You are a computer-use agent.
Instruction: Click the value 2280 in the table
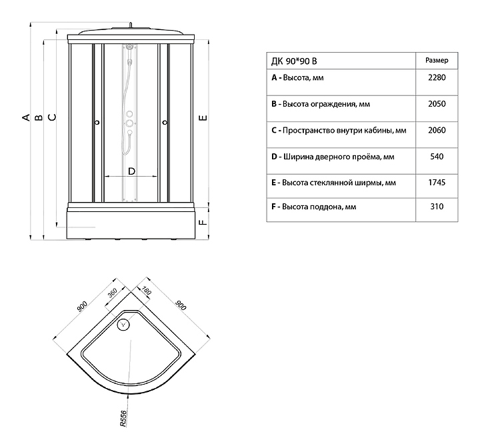(x=437, y=77)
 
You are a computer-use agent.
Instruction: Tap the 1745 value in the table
(x=437, y=183)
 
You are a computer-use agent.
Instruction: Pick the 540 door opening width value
(x=437, y=157)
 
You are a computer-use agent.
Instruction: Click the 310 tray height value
(x=437, y=207)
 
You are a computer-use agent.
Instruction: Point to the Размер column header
(x=437, y=60)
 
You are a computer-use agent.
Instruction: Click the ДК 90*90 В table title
(x=294, y=61)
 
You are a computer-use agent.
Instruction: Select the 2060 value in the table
(x=437, y=130)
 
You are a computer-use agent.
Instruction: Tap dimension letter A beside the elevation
(x=26, y=117)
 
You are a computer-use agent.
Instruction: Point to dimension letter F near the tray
(x=203, y=223)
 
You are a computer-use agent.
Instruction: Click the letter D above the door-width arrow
(x=131, y=171)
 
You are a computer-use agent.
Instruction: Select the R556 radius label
(x=123, y=419)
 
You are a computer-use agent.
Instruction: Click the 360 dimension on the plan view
(x=113, y=293)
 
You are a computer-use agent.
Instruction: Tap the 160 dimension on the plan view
(x=147, y=290)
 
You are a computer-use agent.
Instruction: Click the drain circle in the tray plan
(x=124, y=324)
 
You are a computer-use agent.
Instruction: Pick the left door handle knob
(x=97, y=123)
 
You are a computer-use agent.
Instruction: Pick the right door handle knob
(x=165, y=123)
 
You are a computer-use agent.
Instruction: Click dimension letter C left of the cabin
(x=53, y=117)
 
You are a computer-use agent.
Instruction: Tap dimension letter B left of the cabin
(x=39, y=117)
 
